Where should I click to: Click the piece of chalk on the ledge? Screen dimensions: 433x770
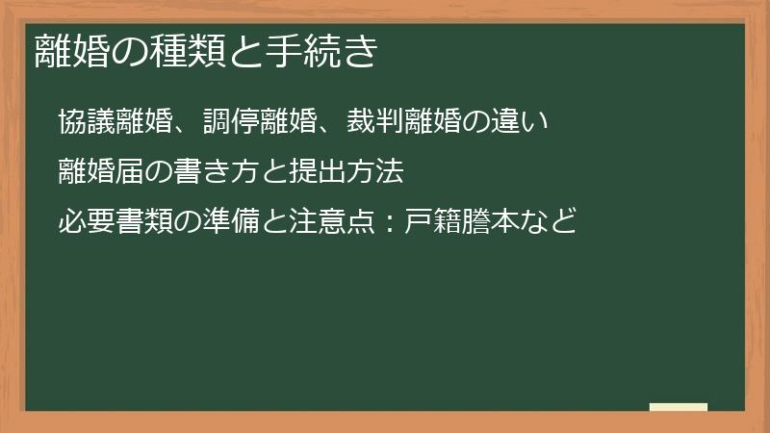tap(679, 407)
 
